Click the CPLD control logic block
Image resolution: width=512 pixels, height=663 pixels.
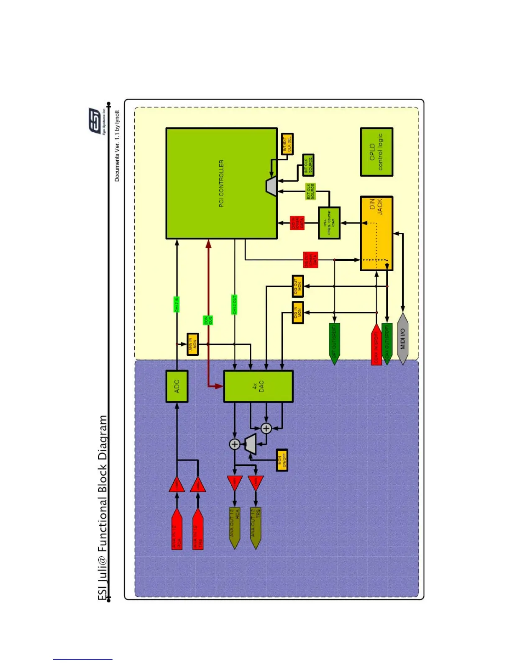[x=376, y=152]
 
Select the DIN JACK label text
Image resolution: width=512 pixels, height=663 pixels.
[x=376, y=207]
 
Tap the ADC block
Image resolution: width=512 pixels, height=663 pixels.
[x=177, y=386]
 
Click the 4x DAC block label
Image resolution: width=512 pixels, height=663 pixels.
[x=258, y=386]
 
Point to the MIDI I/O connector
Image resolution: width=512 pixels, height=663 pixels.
[x=402, y=339]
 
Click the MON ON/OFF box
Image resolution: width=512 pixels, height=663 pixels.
[x=282, y=460]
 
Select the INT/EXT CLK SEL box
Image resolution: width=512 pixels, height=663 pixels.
[x=287, y=144]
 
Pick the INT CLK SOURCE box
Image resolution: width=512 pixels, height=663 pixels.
[x=308, y=165]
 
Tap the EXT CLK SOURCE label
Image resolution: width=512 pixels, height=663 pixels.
[x=311, y=191]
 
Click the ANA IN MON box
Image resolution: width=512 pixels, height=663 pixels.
[x=192, y=344]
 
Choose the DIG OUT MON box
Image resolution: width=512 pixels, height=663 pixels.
[x=297, y=286]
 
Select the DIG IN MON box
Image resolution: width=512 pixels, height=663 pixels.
[x=297, y=312]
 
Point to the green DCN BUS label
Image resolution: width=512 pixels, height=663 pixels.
[x=208, y=320]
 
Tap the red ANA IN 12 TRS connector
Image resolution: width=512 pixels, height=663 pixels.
[x=197, y=529]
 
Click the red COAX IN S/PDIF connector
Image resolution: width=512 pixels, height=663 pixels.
[x=376, y=344]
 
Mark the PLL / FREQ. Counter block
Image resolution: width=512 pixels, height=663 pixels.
[x=329, y=223]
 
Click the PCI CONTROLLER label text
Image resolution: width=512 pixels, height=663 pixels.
[x=221, y=183]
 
